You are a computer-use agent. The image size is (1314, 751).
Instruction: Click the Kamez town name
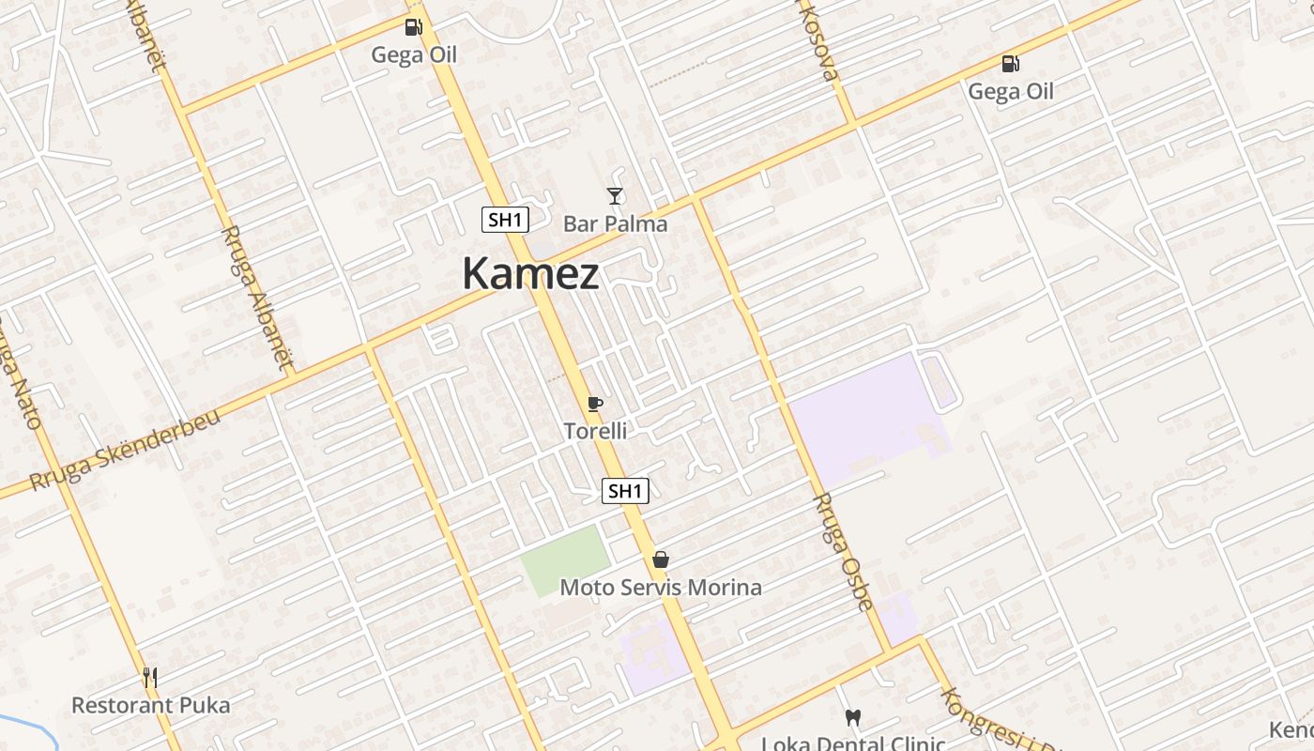[530, 274]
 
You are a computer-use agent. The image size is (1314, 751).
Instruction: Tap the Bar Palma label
[615, 223]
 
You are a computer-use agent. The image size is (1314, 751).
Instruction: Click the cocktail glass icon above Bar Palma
[615, 196]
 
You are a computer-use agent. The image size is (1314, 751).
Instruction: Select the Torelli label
[595, 431]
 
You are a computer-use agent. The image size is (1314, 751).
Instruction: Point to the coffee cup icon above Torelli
[594, 405]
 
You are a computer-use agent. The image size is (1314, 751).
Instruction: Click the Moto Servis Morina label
[661, 588]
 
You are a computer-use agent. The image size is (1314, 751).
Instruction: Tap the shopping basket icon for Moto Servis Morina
[661, 560]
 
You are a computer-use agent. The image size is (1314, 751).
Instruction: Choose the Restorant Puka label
[150, 705]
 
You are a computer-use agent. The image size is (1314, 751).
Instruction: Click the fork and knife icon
[150, 677]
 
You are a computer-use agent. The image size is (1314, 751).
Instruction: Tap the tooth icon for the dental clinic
[853, 718]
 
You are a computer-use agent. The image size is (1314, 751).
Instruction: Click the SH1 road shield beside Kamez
[505, 221]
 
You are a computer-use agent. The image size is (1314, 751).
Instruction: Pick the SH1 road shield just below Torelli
[625, 490]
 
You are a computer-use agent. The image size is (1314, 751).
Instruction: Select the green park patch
[565, 560]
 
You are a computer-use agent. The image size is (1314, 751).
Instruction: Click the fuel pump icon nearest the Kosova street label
[1011, 64]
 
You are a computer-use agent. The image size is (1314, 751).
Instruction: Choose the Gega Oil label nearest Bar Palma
[414, 54]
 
